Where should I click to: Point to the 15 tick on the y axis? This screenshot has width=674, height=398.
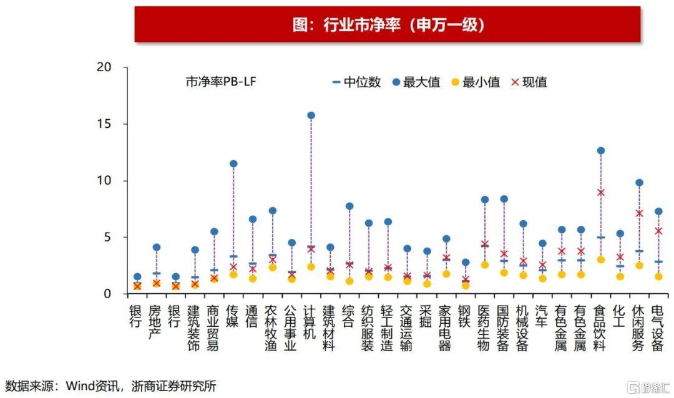[x=112, y=124]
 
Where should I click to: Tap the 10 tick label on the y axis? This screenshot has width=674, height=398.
[x=112, y=181]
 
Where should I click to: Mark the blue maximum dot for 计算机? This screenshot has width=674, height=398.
[x=311, y=115]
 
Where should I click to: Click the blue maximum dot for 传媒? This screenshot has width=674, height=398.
[x=233, y=163]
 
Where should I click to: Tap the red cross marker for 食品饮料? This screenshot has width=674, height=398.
[x=600, y=192]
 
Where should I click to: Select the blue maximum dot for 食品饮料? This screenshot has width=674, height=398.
[x=600, y=150]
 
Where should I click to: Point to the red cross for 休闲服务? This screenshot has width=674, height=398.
[x=639, y=213]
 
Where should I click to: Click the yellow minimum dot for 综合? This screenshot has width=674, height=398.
[x=349, y=281]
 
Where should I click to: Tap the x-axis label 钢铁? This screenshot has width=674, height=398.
[x=464, y=314]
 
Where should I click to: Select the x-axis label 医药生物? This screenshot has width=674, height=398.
[x=484, y=328]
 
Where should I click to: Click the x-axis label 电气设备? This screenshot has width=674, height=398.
[x=657, y=328]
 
